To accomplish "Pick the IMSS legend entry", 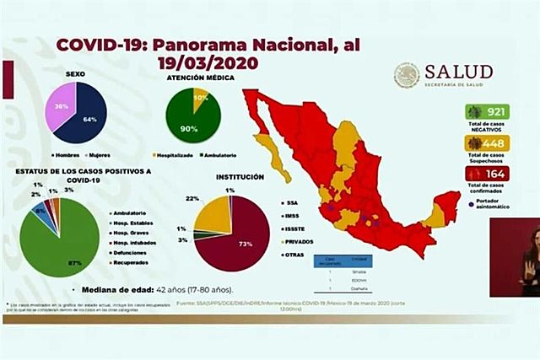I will pos(296,218).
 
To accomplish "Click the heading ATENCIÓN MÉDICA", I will pos(200,78).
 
